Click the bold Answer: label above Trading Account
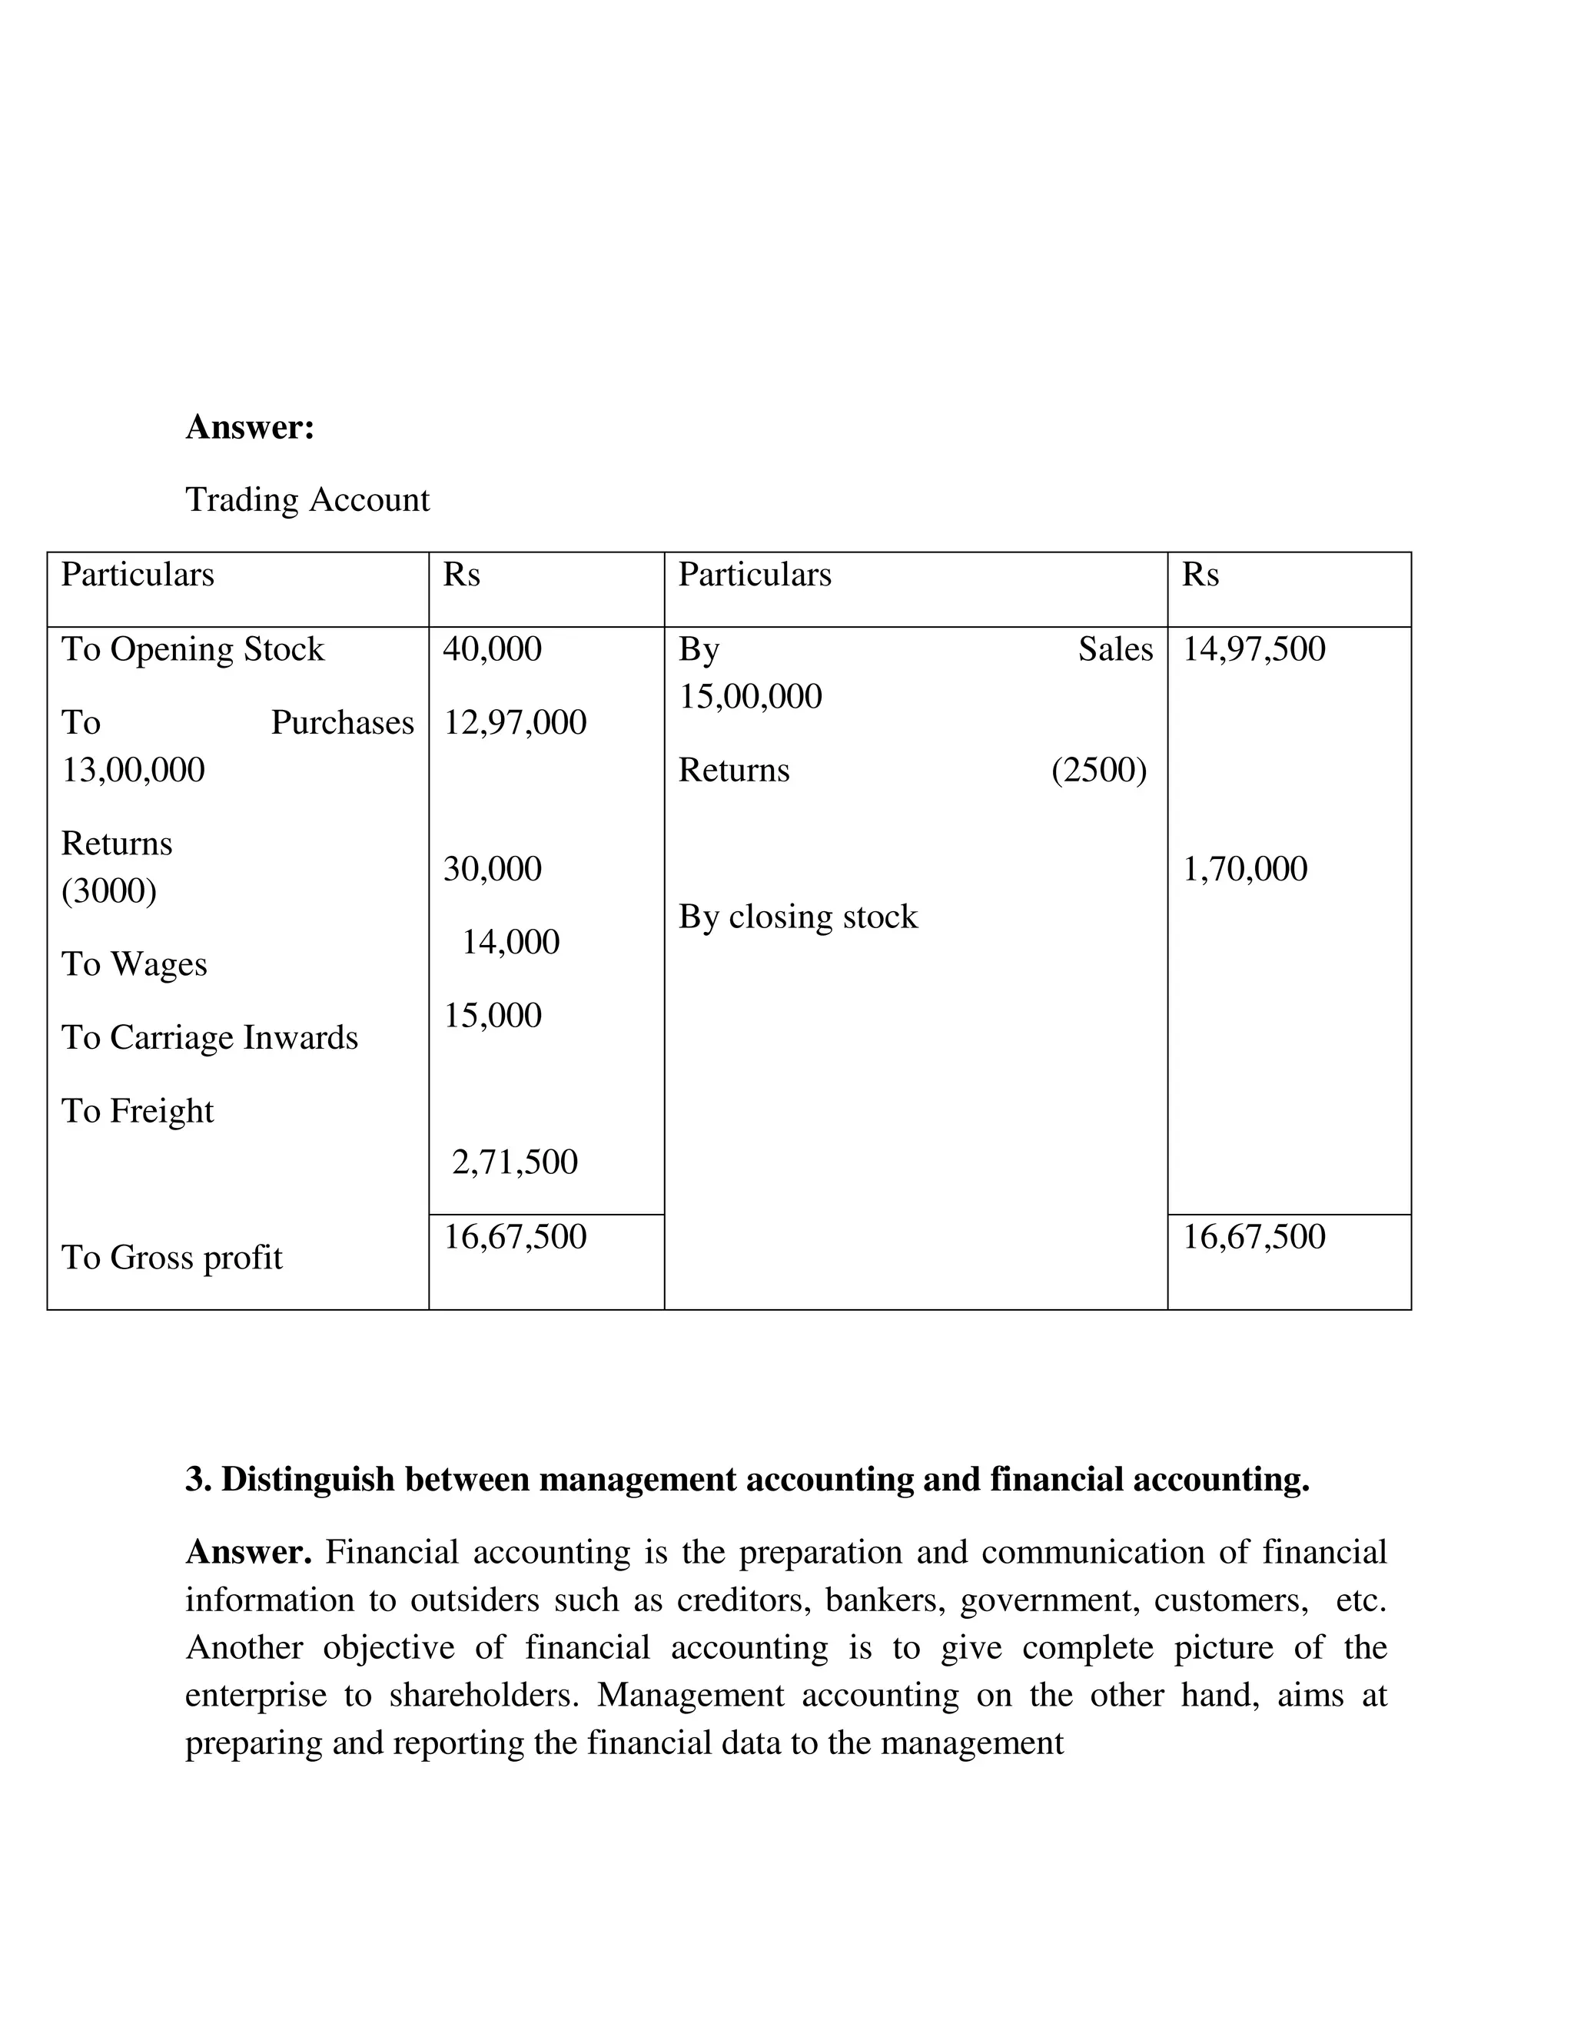pyautogui.click(x=250, y=428)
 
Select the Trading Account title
pyautogui.click(x=307, y=499)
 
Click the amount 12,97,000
pyautogui.click(x=515, y=722)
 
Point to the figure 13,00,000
pyautogui.click(x=132, y=770)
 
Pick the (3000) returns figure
pyautogui.click(x=109, y=891)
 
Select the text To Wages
pyautogui.click(x=134, y=964)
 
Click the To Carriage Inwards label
pyautogui.click(x=210, y=1037)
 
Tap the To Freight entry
pyautogui.click(x=138, y=1111)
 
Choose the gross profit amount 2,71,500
pyautogui.click(x=515, y=1162)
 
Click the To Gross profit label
pyautogui.click(x=171, y=1258)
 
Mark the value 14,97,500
pyautogui.click(x=1254, y=649)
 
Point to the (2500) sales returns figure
pyautogui.click(x=1098, y=770)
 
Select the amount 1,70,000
pyautogui.click(x=1245, y=869)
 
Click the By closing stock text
pyautogui.click(x=799, y=917)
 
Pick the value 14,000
pyautogui.click(x=511, y=943)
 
